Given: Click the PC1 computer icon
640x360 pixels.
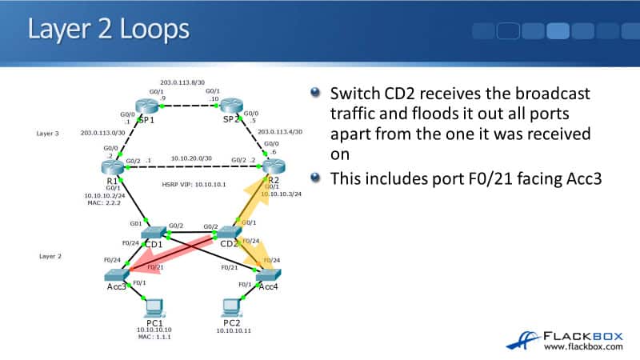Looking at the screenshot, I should [x=150, y=306].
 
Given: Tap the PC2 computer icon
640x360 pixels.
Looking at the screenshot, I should [x=231, y=306].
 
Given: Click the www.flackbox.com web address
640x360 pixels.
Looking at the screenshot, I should [x=582, y=346].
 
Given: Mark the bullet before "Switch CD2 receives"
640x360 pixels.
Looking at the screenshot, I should [x=318, y=94].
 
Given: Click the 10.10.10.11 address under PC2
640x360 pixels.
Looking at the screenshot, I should [x=233, y=330].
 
